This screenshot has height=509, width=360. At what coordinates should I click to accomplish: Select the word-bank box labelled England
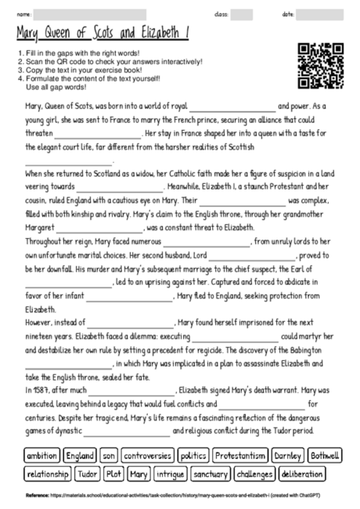[x=81, y=456]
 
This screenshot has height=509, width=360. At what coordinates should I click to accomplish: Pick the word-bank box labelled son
[x=110, y=456]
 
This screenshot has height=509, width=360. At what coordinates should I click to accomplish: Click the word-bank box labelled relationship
[x=48, y=474]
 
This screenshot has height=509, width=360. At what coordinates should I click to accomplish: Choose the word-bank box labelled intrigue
[x=171, y=474]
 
